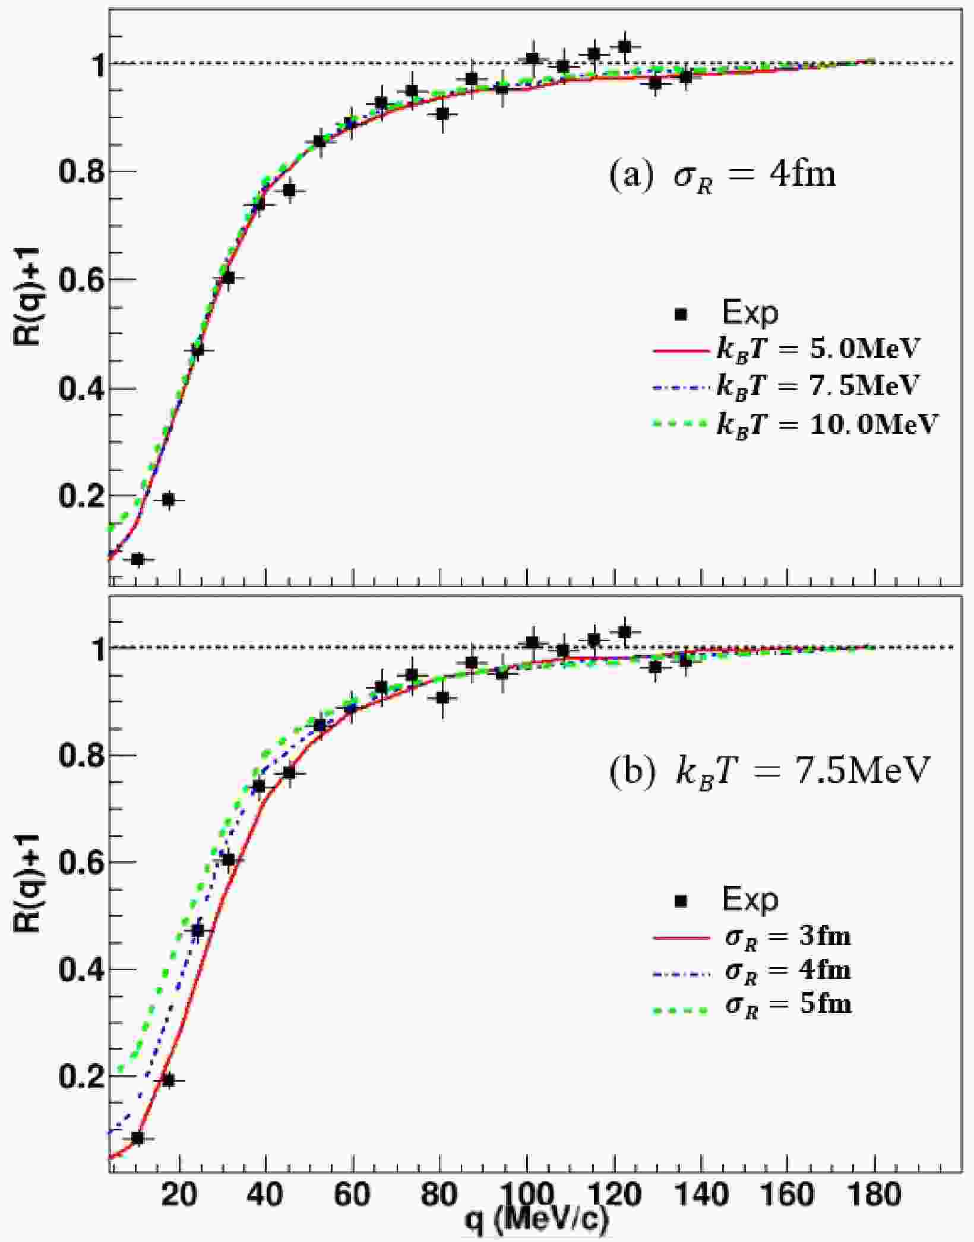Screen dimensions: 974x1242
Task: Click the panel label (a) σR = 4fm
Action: pos(723,175)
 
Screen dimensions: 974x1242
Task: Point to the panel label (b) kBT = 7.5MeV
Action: pos(768,771)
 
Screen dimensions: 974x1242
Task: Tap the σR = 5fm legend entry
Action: pos(752,1005)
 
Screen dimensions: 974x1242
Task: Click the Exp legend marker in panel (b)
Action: pos(681,901)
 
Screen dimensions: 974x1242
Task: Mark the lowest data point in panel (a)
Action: pos(138,559)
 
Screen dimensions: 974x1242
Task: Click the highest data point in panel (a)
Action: pos(624,46)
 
